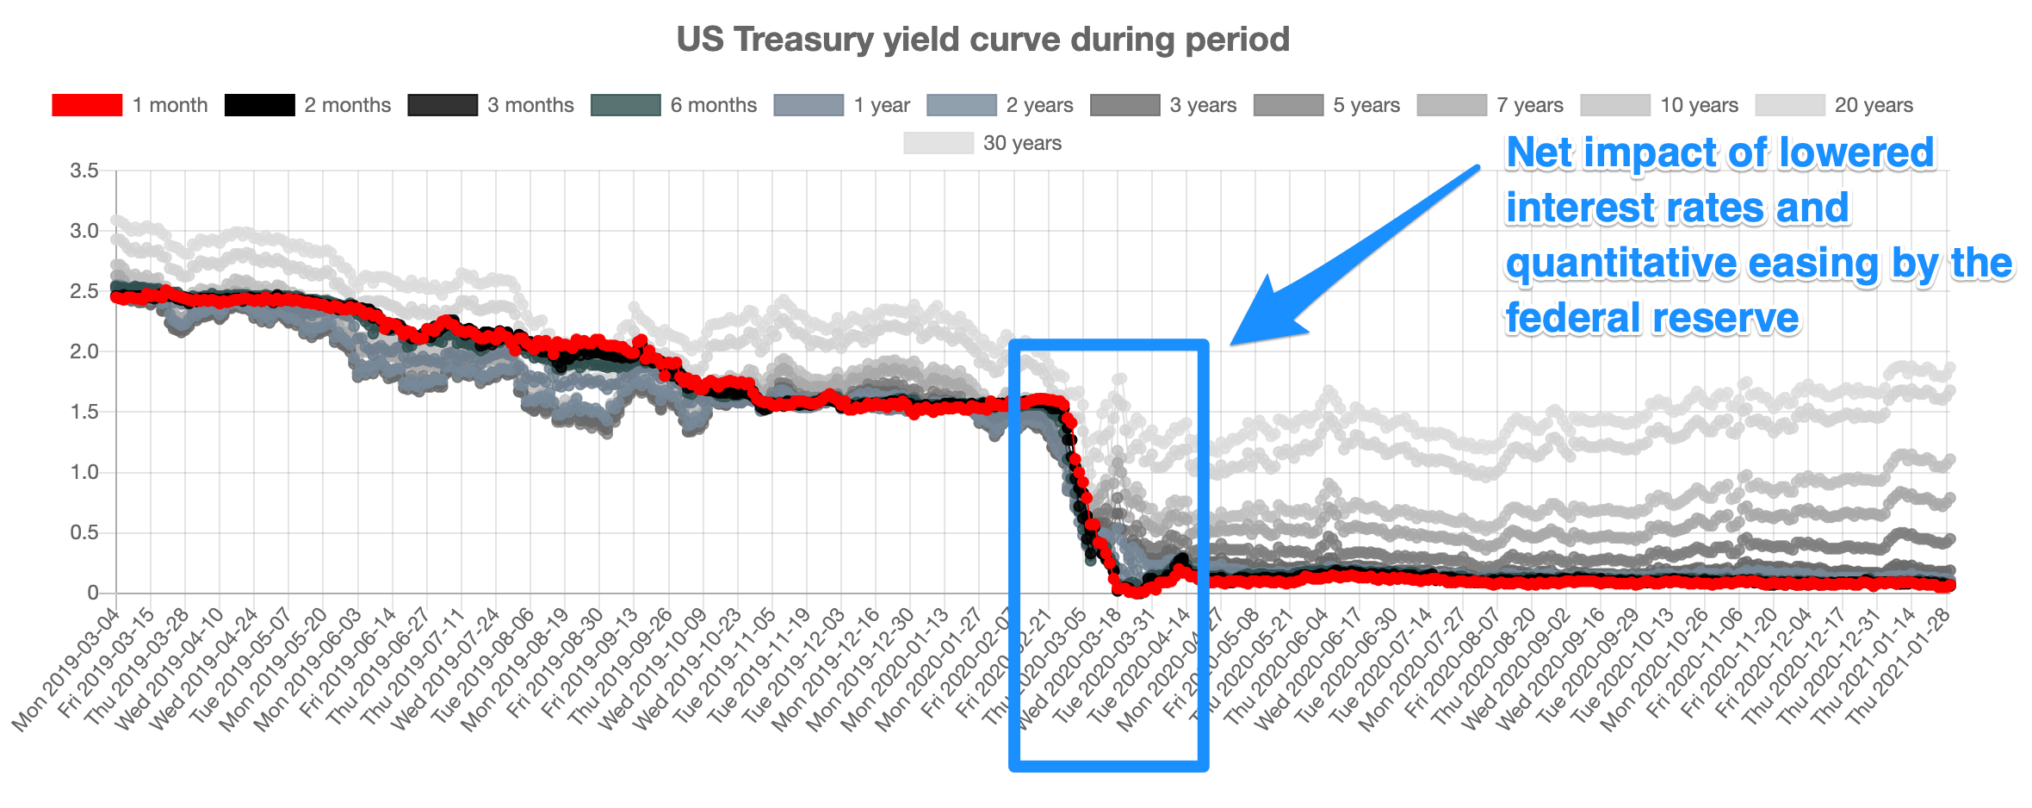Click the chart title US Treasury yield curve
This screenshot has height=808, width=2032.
pyautogui.click(x=982, y=40)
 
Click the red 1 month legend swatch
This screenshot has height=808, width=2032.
pyautogui.click(x=86, y=105)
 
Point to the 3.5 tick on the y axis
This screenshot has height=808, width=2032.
pyautogui.click(x=84, y=171)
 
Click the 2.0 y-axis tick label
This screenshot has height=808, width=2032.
pyautogui.click(x=84, y=351)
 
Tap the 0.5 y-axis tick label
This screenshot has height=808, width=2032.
pyautogui.click(x=84, y=532)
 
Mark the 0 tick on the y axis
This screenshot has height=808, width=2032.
pyautogui.click(x=92, y=593)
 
